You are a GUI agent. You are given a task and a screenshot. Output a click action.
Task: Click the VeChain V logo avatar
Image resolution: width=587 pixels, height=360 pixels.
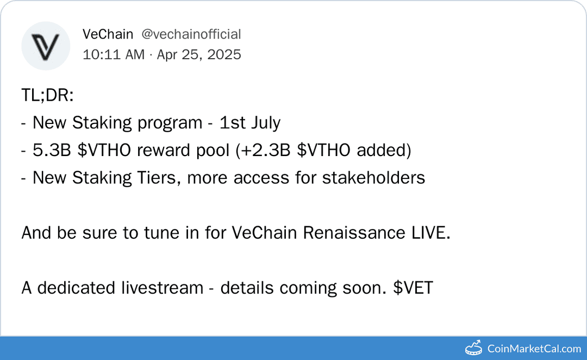click(x=46, y=46)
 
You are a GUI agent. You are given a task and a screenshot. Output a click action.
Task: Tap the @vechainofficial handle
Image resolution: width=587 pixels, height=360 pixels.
click(x=191, y=34)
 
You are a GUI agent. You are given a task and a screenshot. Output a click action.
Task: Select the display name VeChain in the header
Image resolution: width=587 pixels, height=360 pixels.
click(x=108, y=34)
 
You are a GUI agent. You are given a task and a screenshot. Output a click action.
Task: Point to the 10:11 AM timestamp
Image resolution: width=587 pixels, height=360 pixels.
click(x=114, y=55)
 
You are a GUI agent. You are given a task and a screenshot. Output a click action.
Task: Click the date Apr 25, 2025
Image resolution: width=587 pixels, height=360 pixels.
click(x=199, y=55)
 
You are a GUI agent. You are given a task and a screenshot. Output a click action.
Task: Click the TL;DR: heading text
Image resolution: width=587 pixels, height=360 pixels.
click(x=47, y=95)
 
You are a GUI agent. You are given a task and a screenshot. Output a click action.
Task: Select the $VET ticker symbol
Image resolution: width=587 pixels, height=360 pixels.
click(x=414, y=288)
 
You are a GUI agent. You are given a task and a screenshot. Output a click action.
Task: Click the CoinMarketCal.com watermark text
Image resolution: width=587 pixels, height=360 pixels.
click(x=534, y=349)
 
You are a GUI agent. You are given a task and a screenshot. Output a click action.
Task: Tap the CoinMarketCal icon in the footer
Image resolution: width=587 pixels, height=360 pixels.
click(x=473, y=348)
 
